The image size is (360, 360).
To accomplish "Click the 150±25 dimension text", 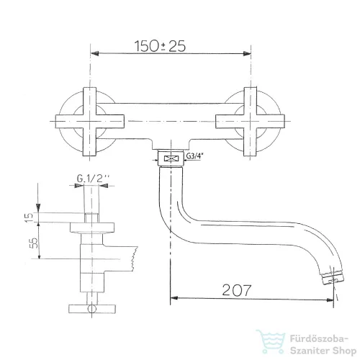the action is click(x=160, y=46).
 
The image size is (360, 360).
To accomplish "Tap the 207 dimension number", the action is click(x=237, y=290).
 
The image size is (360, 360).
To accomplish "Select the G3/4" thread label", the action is click(x=194, y=156).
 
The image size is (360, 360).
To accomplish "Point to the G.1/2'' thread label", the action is click(x=93, y=179).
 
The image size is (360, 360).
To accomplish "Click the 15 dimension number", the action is click(x=29, y=217).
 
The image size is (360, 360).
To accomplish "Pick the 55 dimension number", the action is click(x=34, y=243).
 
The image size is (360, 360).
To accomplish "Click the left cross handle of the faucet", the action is click(x=90, y=122).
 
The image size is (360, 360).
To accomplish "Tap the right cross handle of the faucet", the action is click(x=250, y=122).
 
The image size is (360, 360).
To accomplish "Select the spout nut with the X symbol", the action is click(x=171, y=158).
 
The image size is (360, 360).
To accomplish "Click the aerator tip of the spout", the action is click(x=333, y=278).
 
